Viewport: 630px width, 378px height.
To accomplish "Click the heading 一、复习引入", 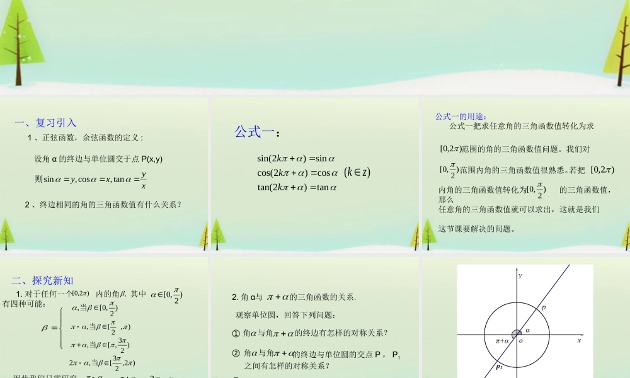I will (45, 123).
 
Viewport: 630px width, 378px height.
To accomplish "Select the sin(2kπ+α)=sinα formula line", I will (296, 159).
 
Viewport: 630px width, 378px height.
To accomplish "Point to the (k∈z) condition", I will (357, 172).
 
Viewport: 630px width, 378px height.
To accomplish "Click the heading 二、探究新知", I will (42, 280).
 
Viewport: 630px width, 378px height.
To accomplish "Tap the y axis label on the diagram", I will (520, 275).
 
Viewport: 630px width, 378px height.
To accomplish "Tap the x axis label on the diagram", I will (578, 340).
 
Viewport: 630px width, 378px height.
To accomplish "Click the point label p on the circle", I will (543, 307).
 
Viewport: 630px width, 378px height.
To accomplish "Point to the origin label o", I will (521, 341).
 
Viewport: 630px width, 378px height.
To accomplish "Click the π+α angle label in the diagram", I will (502, 341).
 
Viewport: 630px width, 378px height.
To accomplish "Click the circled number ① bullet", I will (236, 333).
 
